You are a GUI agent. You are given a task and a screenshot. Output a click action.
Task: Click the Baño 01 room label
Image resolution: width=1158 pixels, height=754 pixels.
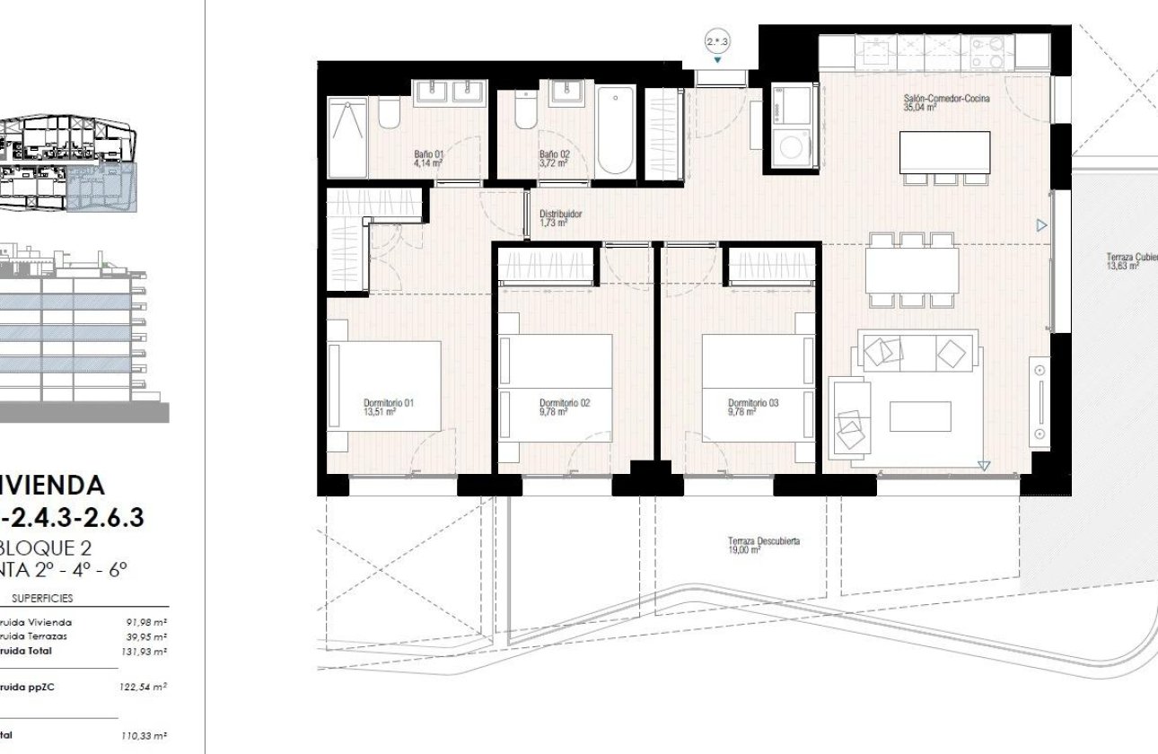click(427, 159)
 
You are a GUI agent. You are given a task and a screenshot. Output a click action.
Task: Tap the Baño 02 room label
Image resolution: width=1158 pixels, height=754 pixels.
click(554, 159)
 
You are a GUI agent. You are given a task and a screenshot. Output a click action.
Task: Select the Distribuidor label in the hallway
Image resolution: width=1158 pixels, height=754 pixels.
click(560, 218)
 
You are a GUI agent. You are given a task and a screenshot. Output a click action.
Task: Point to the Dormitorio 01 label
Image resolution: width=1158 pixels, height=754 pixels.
click(387, 408)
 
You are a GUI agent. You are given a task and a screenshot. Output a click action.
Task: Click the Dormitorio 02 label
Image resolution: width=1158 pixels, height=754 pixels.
click(565, 408)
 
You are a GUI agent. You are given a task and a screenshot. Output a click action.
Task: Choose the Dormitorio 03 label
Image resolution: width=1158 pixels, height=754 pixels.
click(752, 408)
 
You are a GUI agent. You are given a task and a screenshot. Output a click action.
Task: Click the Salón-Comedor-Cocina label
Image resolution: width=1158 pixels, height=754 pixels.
click(946, 102)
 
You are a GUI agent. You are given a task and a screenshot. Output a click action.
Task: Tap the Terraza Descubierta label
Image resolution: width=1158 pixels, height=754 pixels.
click(763, 546)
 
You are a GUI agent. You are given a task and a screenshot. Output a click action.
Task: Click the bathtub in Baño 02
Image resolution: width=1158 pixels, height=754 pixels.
click(615, 131)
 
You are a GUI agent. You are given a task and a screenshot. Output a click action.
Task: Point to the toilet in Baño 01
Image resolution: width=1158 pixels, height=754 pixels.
click(389, 114)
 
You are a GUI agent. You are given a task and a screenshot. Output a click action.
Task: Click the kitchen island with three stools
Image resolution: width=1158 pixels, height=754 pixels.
click(944, 152)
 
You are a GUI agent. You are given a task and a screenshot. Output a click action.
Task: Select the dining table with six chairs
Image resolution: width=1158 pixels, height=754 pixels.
click(912, 270)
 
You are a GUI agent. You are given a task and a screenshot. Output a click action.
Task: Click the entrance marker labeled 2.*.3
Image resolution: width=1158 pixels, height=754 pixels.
click(718, 41)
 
